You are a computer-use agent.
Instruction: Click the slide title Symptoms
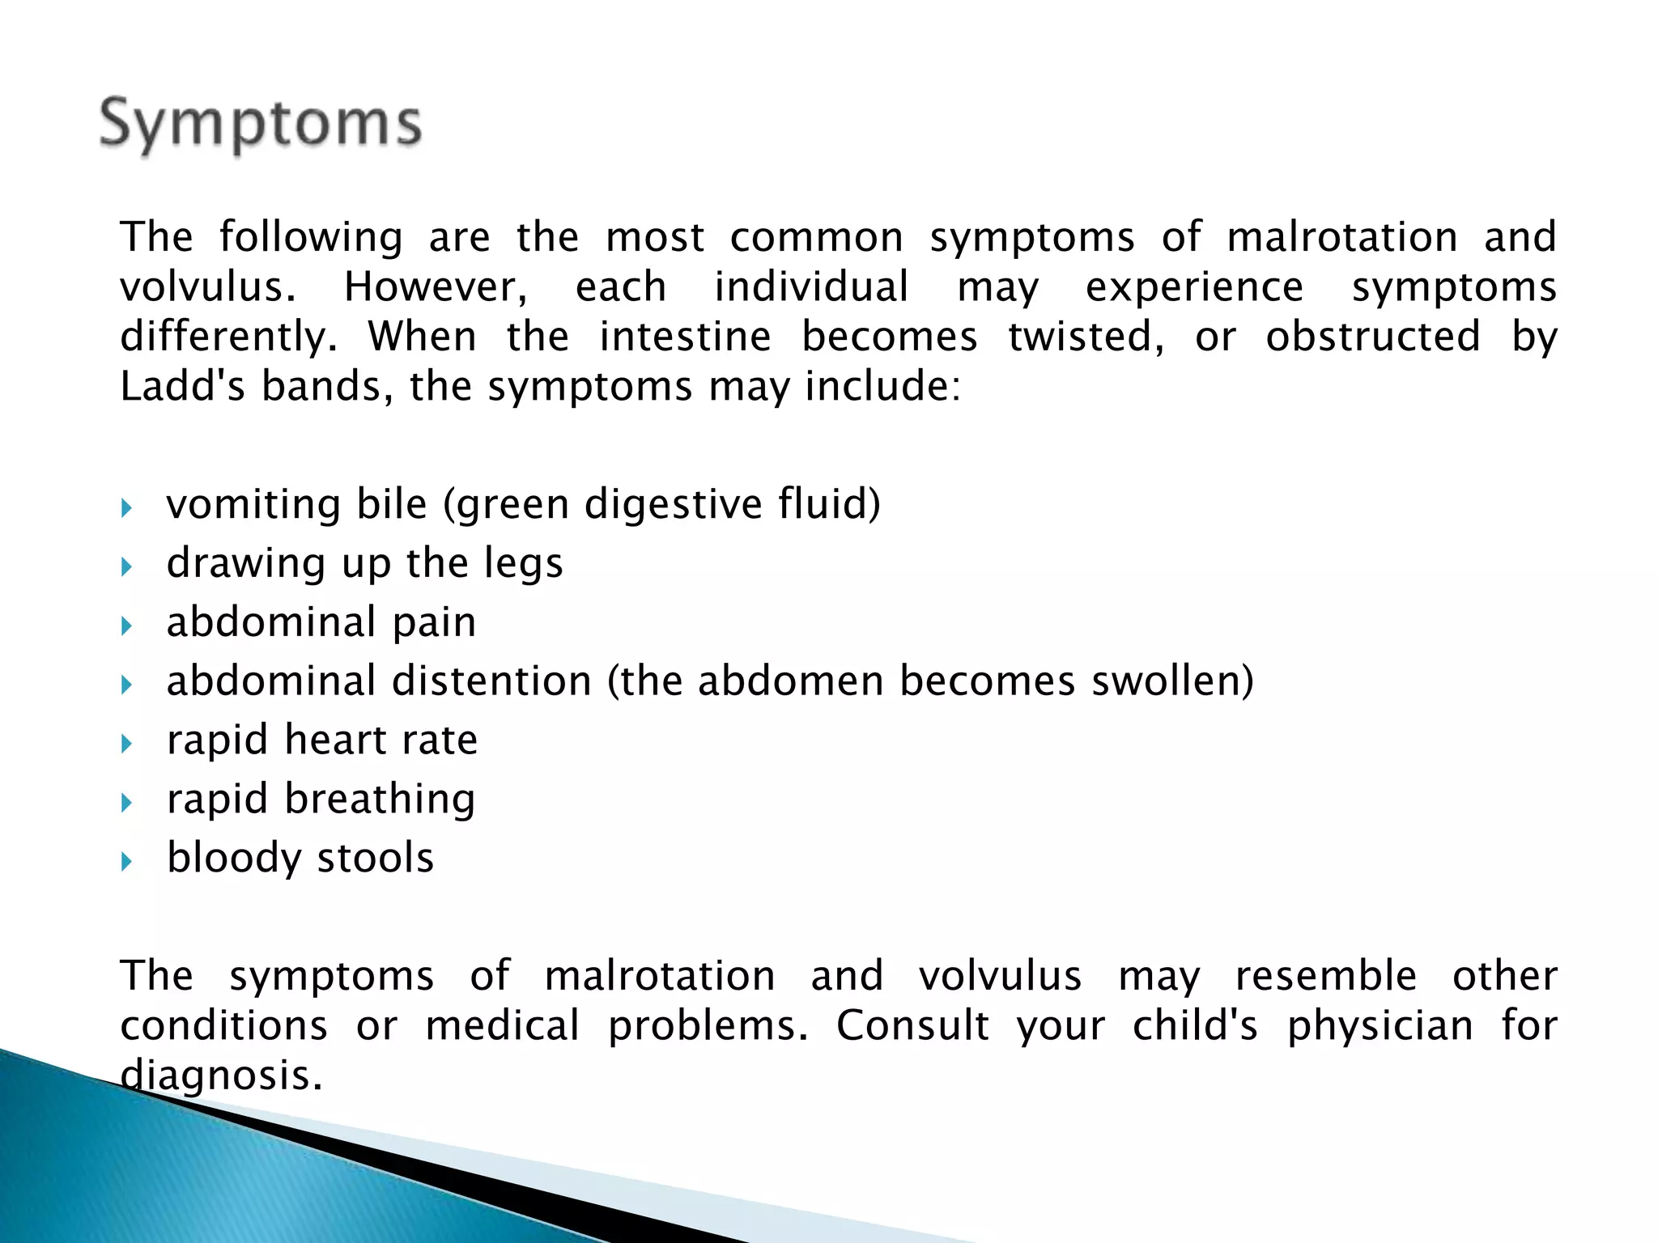tap(261, 125)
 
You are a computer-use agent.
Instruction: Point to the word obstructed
tap(1373, 337)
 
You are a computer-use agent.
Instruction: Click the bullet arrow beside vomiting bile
tap(125, 508)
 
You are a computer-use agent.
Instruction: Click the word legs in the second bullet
tap(523, 563)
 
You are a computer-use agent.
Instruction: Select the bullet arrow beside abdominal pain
tap(125, 626)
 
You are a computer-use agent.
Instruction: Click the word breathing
tap(380, 800)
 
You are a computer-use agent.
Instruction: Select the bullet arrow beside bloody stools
tap(125, 862)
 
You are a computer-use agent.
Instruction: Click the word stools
tap(376, 858)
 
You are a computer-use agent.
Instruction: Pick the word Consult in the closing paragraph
tap(912, 1026)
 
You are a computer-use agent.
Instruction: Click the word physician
tap(1380, 1026)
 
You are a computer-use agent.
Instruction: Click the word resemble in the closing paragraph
tap(1325, 976)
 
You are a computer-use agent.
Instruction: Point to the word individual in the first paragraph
tap(811, 288)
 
